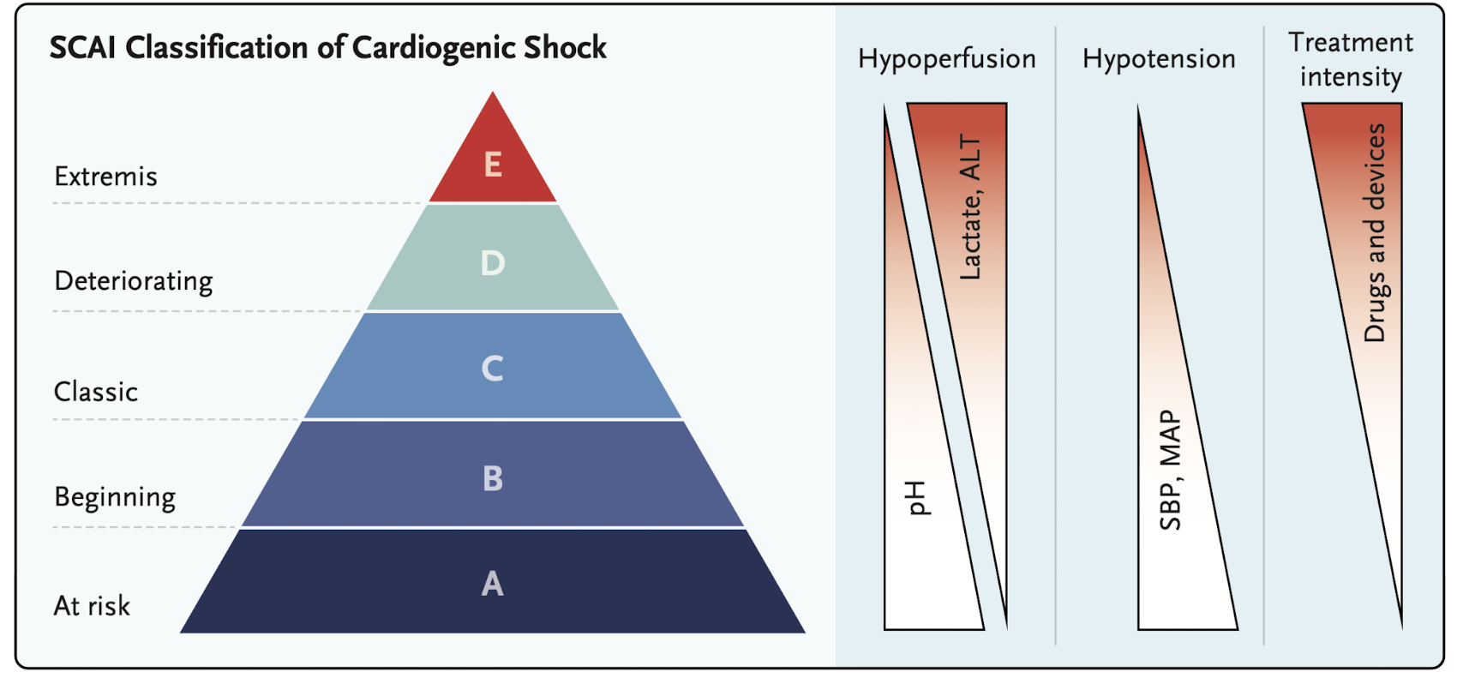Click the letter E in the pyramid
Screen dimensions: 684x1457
pos(492,164)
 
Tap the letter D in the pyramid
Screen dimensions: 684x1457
pos(492,263)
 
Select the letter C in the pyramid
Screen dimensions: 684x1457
pos(492,369)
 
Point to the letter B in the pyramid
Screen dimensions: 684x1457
pos(492,478)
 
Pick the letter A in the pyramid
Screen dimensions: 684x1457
pos(492,584)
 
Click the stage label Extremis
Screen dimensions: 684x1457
pos(105,177)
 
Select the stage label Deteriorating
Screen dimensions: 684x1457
pos(133,281)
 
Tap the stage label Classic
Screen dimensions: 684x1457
pos(95,392)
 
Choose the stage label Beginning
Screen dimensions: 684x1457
pos(115,497)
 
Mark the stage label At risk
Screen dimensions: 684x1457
pos(92,606)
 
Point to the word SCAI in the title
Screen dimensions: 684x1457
pos(82,48)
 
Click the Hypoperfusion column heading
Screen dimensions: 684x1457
pos(946,59)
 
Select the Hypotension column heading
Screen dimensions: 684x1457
pos(1159,59)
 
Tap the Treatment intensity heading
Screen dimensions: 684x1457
pos(1351,59)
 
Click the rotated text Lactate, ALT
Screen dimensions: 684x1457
pos(969,207)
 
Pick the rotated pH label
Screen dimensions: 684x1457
pos(917,498)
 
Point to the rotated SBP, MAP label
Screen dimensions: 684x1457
pos(1170,470)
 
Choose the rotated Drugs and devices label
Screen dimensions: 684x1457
pos(1375,233)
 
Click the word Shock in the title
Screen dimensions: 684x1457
pos(565,48)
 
